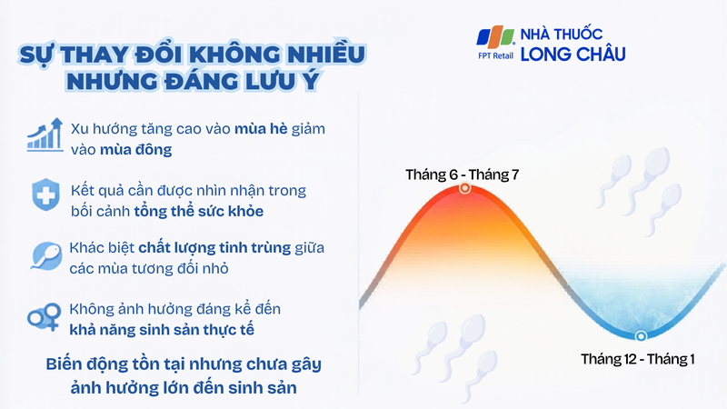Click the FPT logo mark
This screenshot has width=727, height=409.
pos(496,37)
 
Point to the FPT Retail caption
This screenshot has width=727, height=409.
pos(496,57)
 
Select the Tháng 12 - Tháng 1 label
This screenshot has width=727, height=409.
pos(638,359)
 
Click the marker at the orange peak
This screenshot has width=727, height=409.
pos(464,188)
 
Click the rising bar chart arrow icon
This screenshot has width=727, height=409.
pos(45,134)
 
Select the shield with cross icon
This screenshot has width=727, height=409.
pos(44,195)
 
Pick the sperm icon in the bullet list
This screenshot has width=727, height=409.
pos(44,254)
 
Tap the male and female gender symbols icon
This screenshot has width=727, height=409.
pos(44,317)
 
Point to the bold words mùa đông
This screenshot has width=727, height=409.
pos(140,148)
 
